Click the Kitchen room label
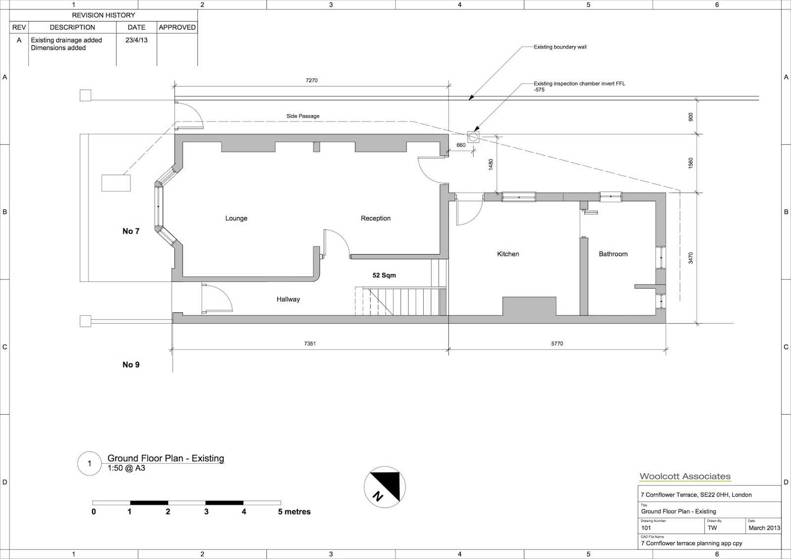point(508,254)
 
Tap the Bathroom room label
point(613,254)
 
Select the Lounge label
point(236,218)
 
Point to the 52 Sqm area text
point(384,275)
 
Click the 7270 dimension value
point(311,80)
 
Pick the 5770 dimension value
point(557,344)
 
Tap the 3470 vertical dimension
point(691,258)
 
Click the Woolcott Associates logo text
point(685,476)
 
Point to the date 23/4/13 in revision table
point(136,40)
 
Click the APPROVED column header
point(177,27)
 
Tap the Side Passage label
point(303,116)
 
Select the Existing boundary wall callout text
point(560,47)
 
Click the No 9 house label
point(131,365)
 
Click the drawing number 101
point(647,528)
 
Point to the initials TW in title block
point(712,528)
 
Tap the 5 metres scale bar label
point(294,512)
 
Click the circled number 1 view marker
point(89,464)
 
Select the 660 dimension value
point(461,145)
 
